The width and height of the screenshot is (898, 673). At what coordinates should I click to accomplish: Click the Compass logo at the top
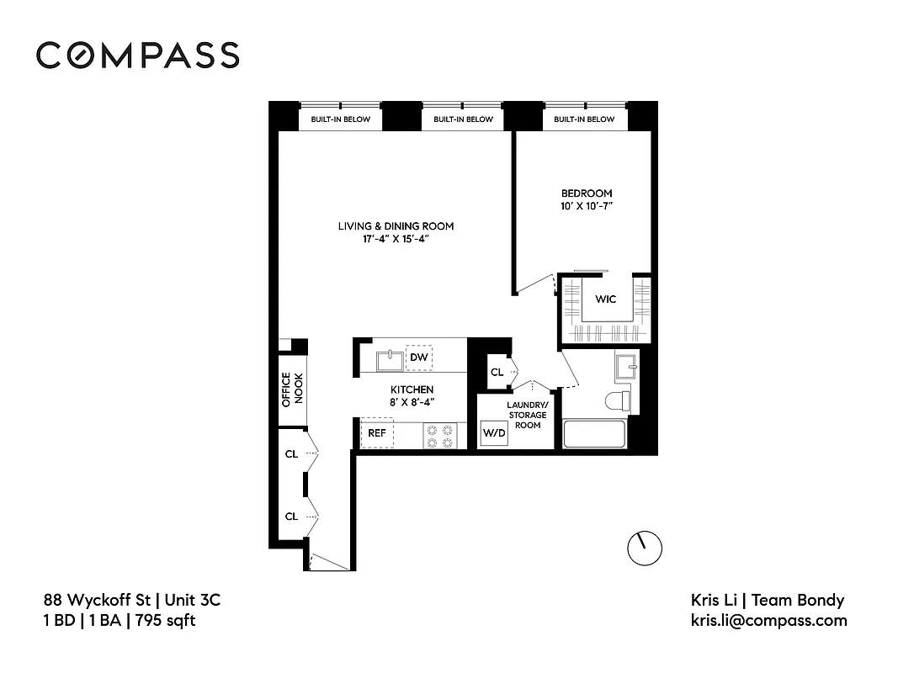(x=137, y=55)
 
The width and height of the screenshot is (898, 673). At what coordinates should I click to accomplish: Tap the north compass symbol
(x=645, y=548)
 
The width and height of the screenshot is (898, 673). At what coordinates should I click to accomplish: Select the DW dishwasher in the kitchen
(x=418, y=358)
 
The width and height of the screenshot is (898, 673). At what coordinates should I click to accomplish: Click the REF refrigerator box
(x=376, y=433)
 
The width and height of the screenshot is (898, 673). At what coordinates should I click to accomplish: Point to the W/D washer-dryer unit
(x=493, y=434)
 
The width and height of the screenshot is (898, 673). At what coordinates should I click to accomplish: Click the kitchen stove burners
(x=439, y=435)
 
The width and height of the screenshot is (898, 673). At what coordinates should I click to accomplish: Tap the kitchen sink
(x=388, y=360)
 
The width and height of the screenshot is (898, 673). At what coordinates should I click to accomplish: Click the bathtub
(x=594, y=435)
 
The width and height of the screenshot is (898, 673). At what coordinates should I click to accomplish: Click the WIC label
(x=606, y=299)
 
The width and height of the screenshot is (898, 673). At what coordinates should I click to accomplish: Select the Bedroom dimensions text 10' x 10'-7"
(x=587, y=206)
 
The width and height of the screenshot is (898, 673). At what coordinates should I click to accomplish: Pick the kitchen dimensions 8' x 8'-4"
(x=412, y=402)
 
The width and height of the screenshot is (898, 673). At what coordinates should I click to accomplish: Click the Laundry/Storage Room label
(x=527, y=415)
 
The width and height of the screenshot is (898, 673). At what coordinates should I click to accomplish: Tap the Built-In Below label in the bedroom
(x=584, y=119)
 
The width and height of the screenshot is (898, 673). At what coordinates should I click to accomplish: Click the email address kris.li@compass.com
(x=768, y=621)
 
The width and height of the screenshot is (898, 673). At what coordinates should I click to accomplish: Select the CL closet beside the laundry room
(x=497, y=372)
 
